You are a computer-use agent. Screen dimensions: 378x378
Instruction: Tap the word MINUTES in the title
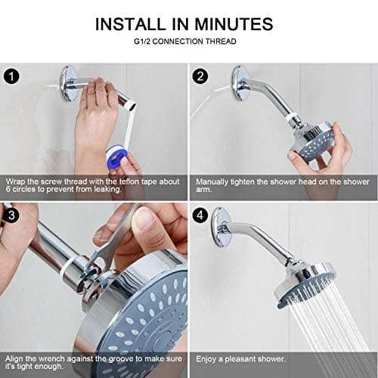point(237,24)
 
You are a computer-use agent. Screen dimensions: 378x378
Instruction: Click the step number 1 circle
point(11,76)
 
